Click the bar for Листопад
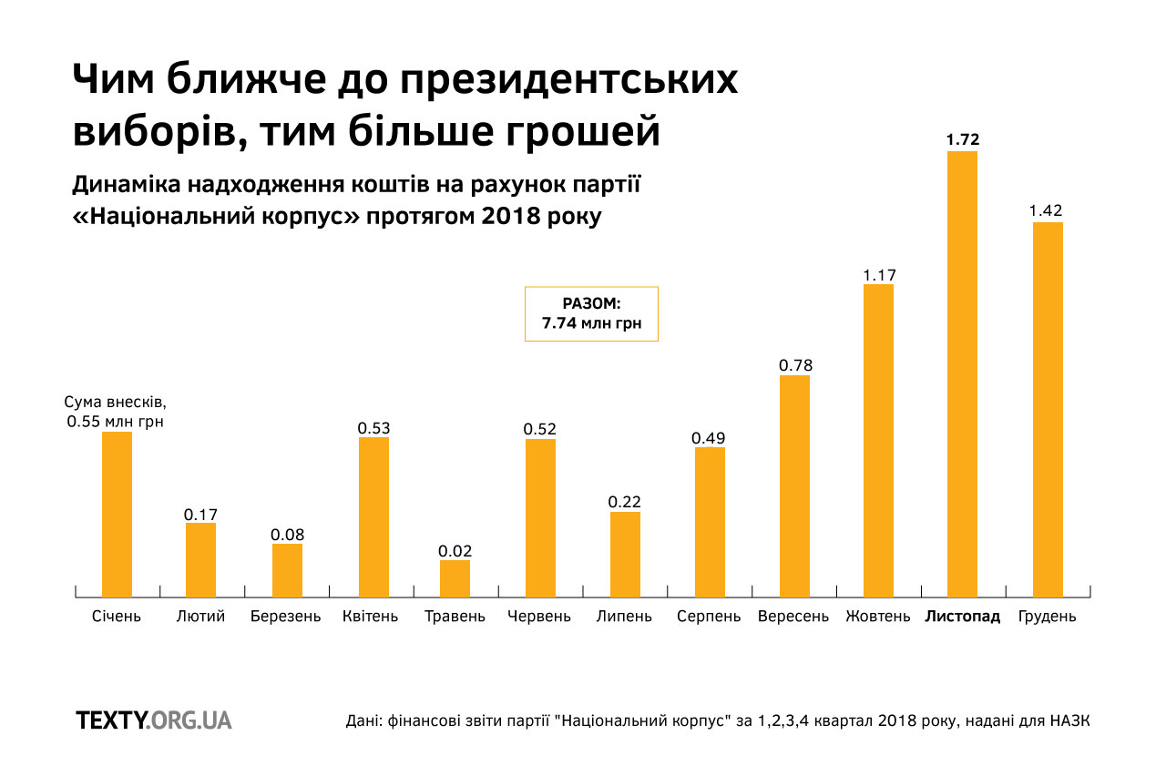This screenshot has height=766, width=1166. click(x=962, y=373)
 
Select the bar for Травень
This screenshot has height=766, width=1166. click(x=455, y=578)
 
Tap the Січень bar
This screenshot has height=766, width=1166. click(x=117, y=515)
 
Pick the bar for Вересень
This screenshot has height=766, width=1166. click(x=794, y=485)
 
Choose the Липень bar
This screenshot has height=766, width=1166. click(x=625, y=554)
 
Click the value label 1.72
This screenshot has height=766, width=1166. click(x=962, y=139)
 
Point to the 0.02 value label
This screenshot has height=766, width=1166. click(x=455, y=550)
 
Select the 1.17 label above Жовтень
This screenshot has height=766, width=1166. click(x=878, y=273)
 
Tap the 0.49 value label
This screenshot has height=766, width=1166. click(x=710, y=438)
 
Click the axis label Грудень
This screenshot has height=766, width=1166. click(x=1047, y=617)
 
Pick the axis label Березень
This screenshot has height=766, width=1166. click(x=286, y=617)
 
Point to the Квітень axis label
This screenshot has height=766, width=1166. click(x=371, y=617)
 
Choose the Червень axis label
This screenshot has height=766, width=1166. click(x=539, y=617)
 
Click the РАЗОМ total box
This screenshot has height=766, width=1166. click(x=591, y=314)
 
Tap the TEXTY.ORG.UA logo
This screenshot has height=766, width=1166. click(x=154, y=720)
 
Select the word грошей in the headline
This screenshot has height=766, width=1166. click(x=582, y=130)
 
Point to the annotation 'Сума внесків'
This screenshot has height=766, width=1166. click(x=117, y=403)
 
